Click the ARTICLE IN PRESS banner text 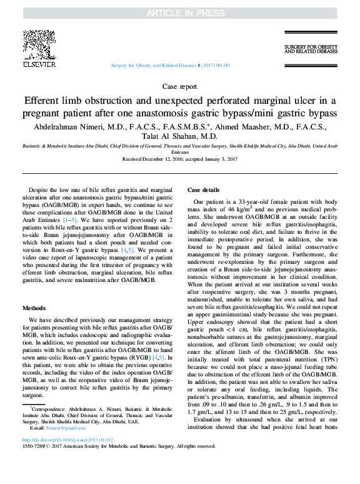coord(179,13)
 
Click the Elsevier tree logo coord(39,44)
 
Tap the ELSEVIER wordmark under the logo coord(39,64)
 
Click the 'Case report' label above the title coord(179,87)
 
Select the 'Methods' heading coord(35,308)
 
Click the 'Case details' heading coord(203,190)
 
